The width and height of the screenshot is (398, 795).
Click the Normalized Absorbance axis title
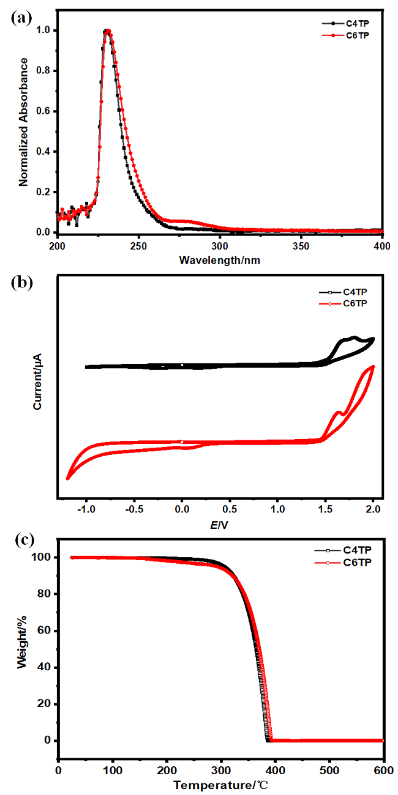tap(24, 122)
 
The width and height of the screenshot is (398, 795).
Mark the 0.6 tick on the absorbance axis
tap(44, 111)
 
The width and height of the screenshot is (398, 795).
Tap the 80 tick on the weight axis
tap(43, 594)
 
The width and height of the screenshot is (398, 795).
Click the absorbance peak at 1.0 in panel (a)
tap(107, 31)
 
